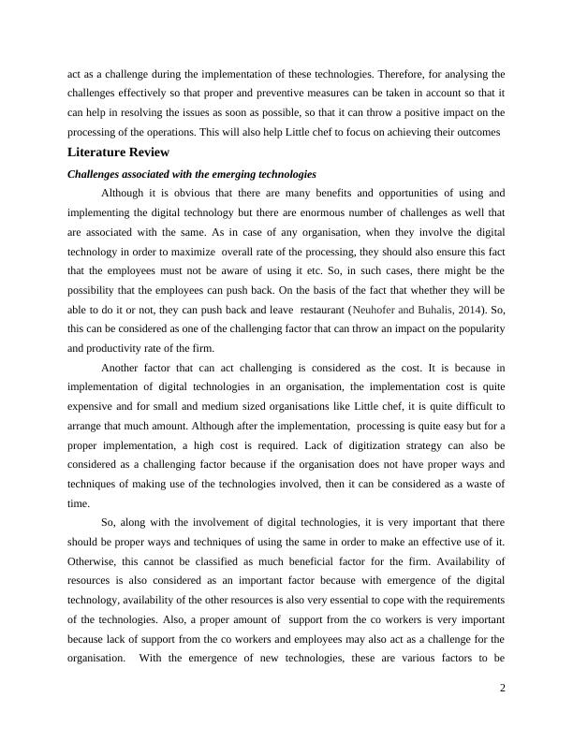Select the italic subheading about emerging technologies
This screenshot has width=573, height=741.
192,174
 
